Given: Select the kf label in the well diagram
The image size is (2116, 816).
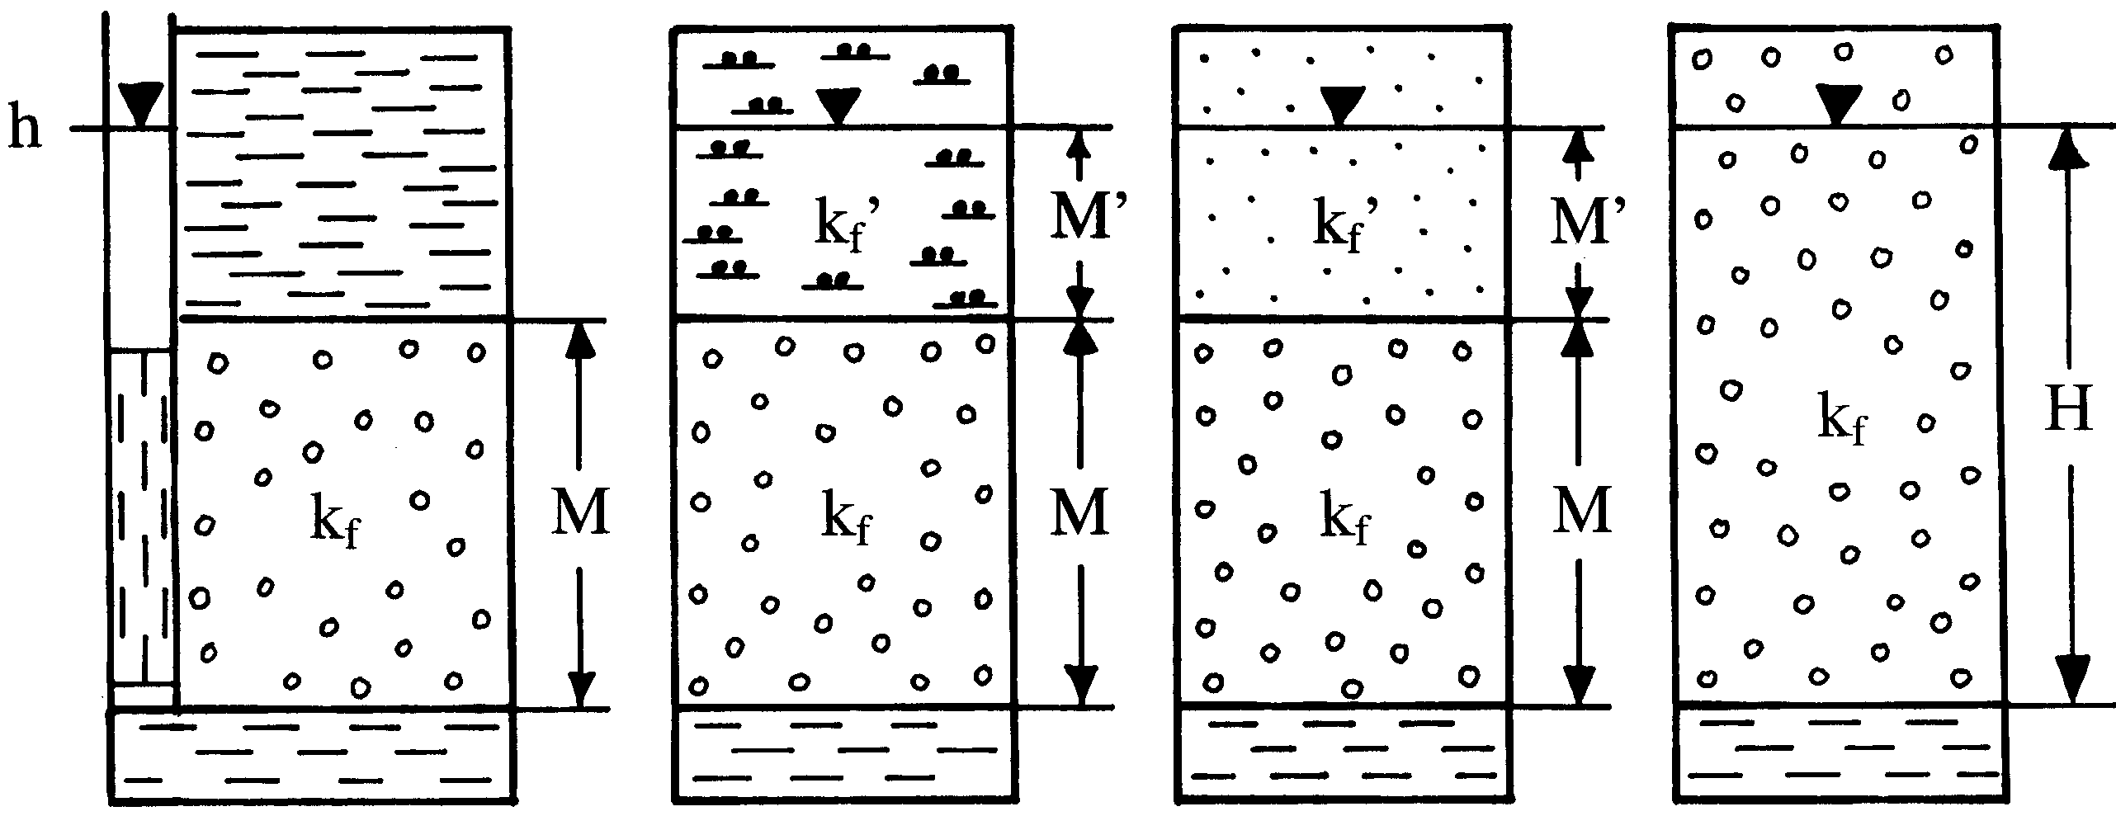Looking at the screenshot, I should tap(335, 523).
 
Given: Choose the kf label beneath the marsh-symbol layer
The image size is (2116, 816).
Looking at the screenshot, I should tap(847, 521).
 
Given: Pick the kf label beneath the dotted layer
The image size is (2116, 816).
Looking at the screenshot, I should tap(1344, 521).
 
